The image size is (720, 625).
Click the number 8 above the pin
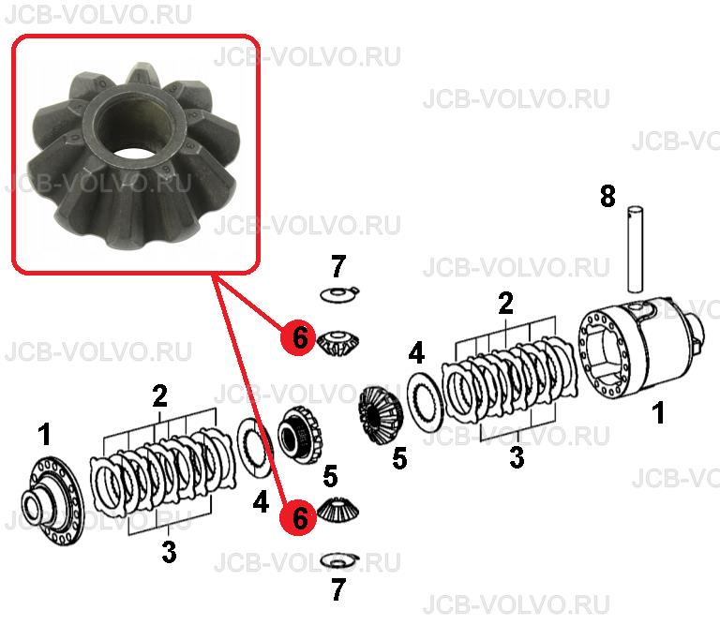(x=607, y=197)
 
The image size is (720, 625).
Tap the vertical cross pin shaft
(x=635, y=249)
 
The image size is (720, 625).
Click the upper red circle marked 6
(x=299, y=337)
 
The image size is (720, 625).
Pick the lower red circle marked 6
(x=299, y=517)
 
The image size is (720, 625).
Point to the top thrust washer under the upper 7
(x=339, y=294)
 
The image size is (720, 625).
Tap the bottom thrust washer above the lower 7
(x=339, y=560)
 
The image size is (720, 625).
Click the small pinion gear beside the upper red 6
(x=338, y=342)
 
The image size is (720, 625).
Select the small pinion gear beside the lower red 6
(x=338, y=510)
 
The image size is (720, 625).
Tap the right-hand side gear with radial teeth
(x=381, y=416)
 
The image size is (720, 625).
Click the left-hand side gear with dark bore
(x=300, y=434)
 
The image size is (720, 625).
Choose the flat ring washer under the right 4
(x=425, y=402)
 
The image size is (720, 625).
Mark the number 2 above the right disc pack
(x=505, y=304)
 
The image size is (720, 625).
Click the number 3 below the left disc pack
(x=169, y=552)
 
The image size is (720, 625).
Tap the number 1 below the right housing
(x=659, y=412)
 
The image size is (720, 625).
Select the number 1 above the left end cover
(x=45, y=434)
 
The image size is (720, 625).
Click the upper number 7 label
(x=337, y=267)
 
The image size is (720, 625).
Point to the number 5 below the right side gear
(x=399, y=458)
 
